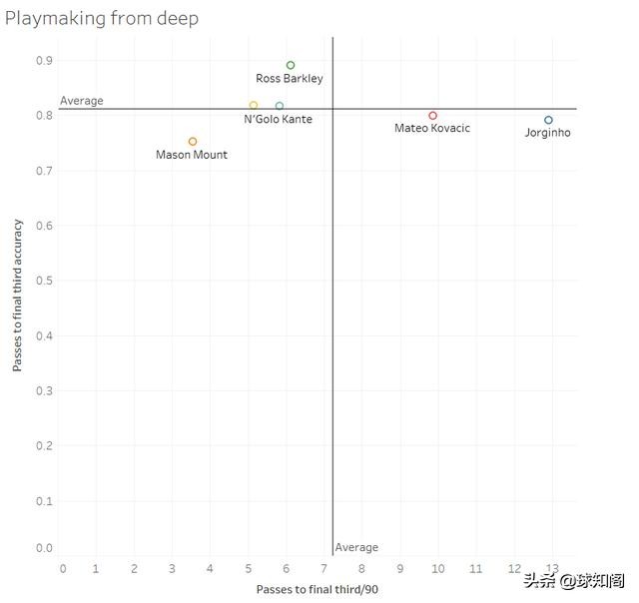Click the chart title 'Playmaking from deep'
tap(101, 19)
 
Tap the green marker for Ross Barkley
tap(291, 66)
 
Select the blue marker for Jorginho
tap(548, 120)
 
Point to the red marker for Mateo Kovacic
tap(432, 116)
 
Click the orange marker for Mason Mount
tap(193, 142)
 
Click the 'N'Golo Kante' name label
tap(278, 120)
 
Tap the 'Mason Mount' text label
tap(192, 155)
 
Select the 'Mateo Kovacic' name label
tap(432, 129)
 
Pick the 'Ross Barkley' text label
tap(290, 79)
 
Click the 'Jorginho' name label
tap(548, 133)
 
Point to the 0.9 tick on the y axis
tap(45, 61)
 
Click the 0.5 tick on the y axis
tap(45, 281)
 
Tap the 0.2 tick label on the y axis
tap(45, 445)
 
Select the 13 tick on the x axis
tap(552, 569)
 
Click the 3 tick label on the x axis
tap(172, 569)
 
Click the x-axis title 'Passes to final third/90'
tap(317, 589)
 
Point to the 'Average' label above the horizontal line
tap(82, 101)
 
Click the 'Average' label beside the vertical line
tap(356, 547)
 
